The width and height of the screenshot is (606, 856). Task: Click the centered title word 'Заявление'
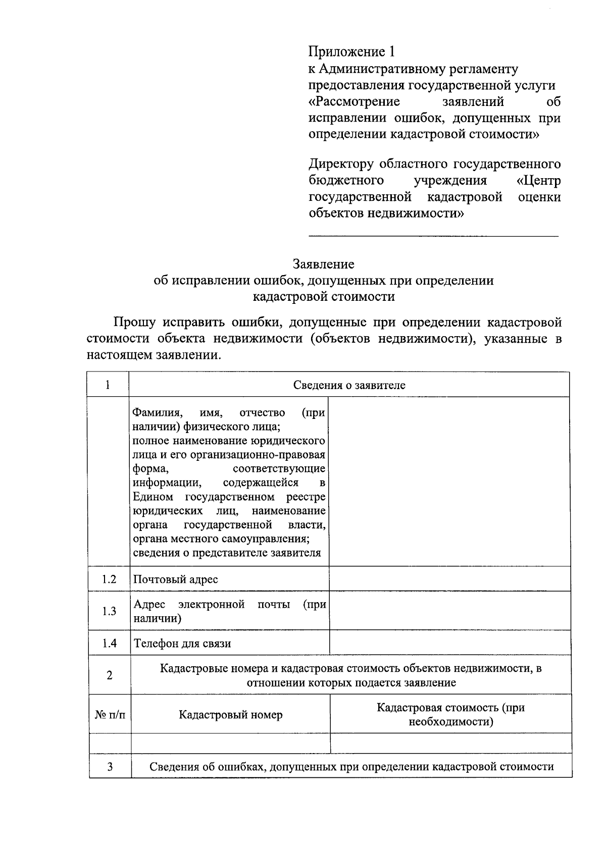(x=324, y=264)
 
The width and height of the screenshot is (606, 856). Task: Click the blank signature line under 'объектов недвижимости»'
(x=433, y=235)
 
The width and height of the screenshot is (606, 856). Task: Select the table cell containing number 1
(x=108, y=385)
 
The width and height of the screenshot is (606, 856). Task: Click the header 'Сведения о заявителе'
(x=349, y=385)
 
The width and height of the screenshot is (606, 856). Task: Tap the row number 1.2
(x=109, y=579)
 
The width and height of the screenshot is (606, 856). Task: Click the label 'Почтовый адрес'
(x=175, y=579)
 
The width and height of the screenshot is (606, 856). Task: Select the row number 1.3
(x=109, y=611)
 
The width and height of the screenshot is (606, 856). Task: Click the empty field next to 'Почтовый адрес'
(x=449, y=579)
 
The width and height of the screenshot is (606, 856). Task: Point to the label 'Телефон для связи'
(x=182, y=644)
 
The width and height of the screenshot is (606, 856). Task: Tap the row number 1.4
(x=109, y=643)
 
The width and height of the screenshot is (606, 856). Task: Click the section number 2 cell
(x=110, y=675)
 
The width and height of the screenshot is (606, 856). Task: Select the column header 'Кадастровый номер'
(x=231, y=715)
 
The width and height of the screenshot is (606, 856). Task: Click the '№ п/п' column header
(x=110, y=715)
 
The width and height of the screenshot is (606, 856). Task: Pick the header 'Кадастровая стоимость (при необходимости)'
(x=450, y=715)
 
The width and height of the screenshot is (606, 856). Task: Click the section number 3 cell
(x=110, y=767)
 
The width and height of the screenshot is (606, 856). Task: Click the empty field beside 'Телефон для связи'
(x=449, y=643)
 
